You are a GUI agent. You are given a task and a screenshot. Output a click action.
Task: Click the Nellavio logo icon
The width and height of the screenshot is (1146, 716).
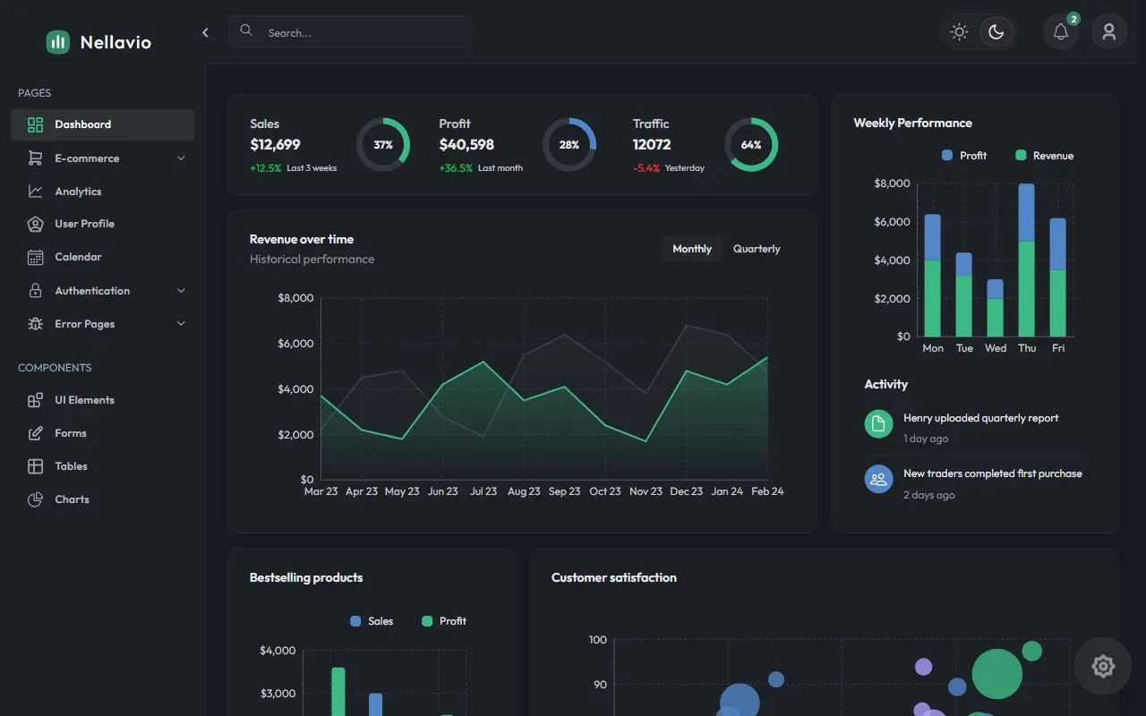[x=58, y=42]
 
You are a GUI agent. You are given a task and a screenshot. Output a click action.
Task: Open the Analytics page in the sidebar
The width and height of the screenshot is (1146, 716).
[x=78, y=192]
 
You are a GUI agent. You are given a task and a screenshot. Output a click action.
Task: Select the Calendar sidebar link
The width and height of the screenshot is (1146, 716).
[x=78, y=257]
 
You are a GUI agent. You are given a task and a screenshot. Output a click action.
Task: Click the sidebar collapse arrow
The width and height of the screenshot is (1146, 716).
[x=205, y=33]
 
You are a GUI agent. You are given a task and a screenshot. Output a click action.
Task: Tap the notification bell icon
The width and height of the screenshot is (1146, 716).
[x=1061, y=32]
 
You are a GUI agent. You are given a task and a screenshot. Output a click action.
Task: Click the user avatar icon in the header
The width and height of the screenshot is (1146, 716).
[x=1108, y=32]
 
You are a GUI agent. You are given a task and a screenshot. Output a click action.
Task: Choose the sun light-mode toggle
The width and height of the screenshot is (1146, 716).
[x=959, y=32]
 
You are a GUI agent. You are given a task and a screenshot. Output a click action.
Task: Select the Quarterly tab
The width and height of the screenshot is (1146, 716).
[x=757, y=249]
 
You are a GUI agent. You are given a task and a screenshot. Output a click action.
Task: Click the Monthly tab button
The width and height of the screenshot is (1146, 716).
[x=692, y=249]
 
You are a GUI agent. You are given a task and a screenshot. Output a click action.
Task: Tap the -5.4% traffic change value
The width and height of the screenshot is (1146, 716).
[x=646, y=168]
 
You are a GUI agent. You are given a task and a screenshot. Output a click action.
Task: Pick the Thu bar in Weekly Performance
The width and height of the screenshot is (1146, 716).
[x=1026, y=260]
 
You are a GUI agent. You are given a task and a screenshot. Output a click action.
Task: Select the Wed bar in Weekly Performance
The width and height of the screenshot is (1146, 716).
[x=995, y=308]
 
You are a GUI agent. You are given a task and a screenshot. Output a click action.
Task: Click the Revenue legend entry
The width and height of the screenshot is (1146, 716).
[x=1044, y=156]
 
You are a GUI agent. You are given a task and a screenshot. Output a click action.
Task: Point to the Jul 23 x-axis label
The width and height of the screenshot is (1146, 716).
[x=483, y=491]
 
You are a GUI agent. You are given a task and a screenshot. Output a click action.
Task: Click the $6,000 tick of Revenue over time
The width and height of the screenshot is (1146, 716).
[x=295, y=344]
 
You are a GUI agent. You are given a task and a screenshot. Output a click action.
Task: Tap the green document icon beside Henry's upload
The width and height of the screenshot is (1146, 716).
[x=878, y=424]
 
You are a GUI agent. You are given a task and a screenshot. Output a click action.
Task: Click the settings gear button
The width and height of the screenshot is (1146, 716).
[x=1102, y=666]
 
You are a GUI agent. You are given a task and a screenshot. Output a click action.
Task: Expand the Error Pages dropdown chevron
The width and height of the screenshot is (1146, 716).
[x=181, y=324]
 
